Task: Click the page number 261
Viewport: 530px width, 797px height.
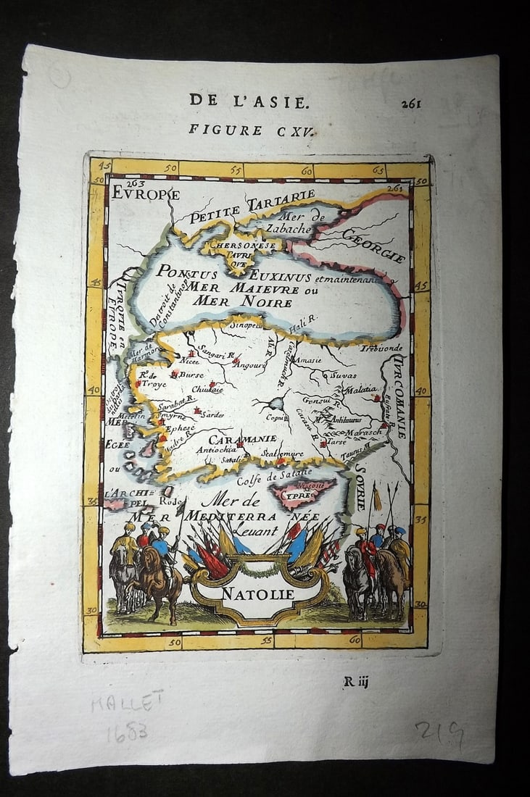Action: [410, 103]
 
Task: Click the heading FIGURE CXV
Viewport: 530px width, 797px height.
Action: [242, 130]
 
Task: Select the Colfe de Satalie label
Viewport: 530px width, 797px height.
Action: [274, 475]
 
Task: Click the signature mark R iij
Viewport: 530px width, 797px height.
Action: [355, 680]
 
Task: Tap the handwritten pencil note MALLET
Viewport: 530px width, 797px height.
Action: [127, 702]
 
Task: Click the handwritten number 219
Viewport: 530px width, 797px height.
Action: [439, 735]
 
